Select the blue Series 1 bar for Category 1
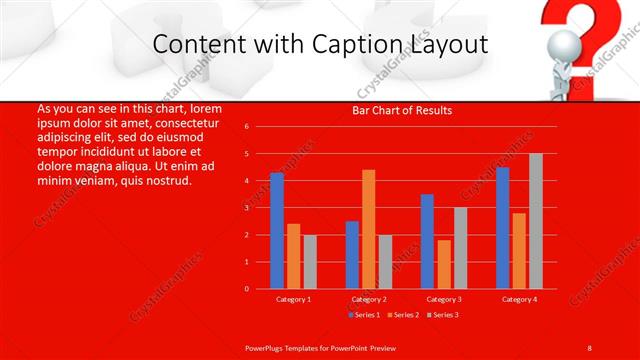277,231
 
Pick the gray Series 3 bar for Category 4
536,221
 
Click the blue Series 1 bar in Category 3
427,241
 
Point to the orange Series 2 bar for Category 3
444,264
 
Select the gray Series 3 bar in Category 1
310,262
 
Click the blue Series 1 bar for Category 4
502,228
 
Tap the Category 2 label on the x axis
369,299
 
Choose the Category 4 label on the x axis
519,299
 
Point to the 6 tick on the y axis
247,127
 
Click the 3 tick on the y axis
247,208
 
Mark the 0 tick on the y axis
247,289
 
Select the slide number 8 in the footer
589,347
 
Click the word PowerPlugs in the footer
265,347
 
